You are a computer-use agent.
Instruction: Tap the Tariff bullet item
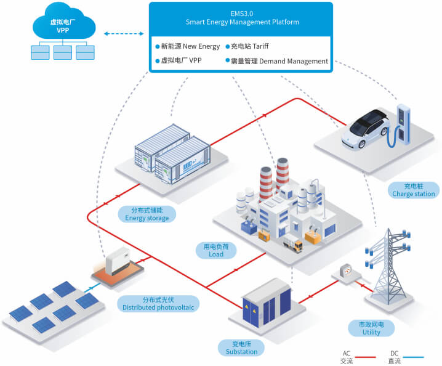(x=249, y=46)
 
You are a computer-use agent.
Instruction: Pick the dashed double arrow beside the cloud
(x=123, y=33)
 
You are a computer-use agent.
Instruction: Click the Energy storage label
(x=147, y=214)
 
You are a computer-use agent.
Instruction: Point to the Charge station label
(x=413, y=190)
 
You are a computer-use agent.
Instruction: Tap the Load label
(x=214, y=250)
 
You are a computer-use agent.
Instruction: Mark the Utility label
(x=371, y=328)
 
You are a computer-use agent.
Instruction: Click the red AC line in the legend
(x=365, y=357)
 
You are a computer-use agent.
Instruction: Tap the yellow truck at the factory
(x=292, y=245)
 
